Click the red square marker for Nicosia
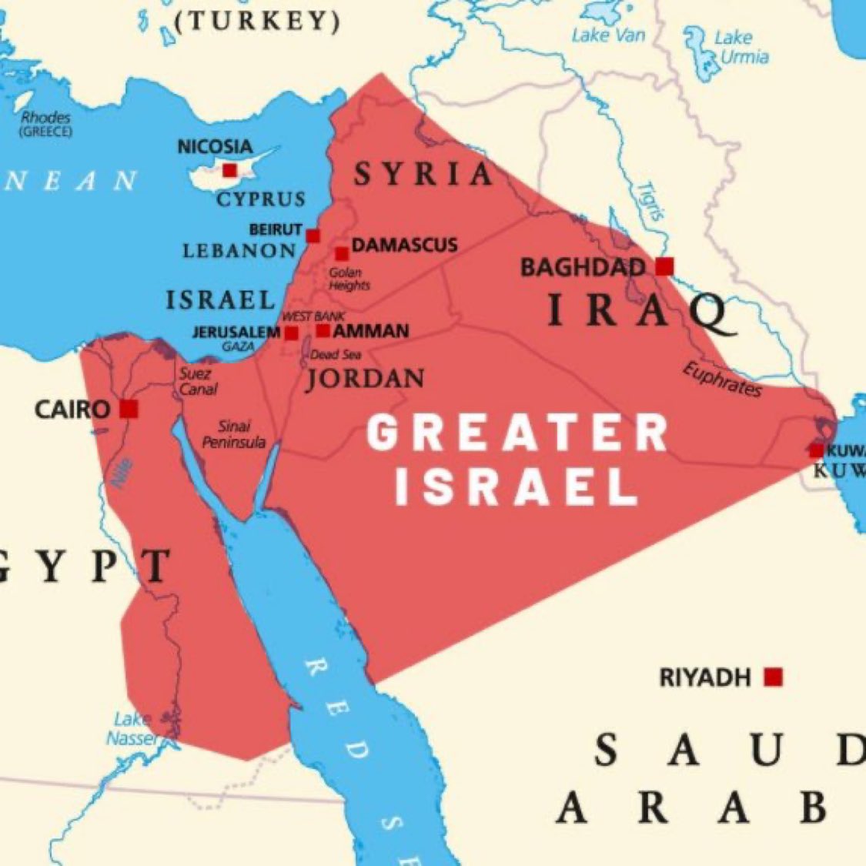pos(229,171)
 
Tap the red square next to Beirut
pos(313,236)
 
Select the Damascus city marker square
pos(342,254)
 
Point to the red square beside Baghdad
pos(664,266)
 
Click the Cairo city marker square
pos(129,409)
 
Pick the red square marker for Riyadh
pos(773,677)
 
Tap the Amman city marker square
pos(323,331)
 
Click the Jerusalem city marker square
pos(291,333)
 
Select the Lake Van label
pos(608,35)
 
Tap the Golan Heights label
pos(349,279)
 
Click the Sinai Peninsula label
pos(233,435)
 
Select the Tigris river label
pos(650,202)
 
